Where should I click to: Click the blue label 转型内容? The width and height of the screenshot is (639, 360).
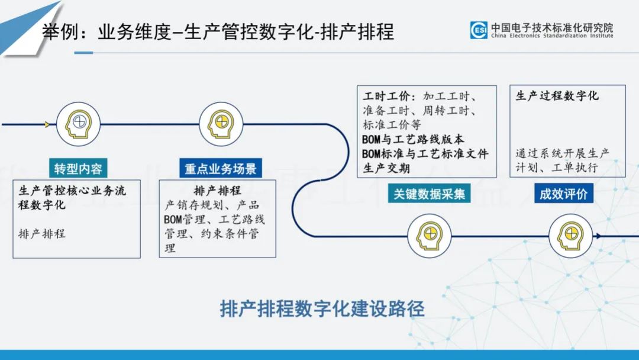[78, 169]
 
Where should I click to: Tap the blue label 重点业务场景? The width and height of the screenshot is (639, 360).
[220, 169]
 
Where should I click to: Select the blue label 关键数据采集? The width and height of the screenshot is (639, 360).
[429, 194]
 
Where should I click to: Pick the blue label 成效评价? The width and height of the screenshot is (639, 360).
[563, 194]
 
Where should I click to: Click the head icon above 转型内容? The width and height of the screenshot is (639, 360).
[78, 124]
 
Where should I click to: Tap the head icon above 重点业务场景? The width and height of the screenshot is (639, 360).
[220, 124]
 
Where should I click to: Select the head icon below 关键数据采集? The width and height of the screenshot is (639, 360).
[430, 236]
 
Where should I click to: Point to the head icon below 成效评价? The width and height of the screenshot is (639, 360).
[570, 235]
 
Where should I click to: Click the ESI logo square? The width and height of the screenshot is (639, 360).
[479, 30]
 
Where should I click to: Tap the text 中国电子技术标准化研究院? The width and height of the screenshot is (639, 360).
[552, 27]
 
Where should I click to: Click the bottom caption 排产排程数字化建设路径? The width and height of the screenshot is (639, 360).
[322, 308]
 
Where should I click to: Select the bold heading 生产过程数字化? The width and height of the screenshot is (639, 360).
[557, 96]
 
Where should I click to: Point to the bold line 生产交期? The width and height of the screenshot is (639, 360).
[386, 168]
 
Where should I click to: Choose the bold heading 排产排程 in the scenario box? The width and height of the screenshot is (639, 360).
[217, 191]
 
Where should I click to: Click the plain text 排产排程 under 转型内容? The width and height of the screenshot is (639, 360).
[42, 233]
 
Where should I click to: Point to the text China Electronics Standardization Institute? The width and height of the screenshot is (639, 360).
[552, 36]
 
